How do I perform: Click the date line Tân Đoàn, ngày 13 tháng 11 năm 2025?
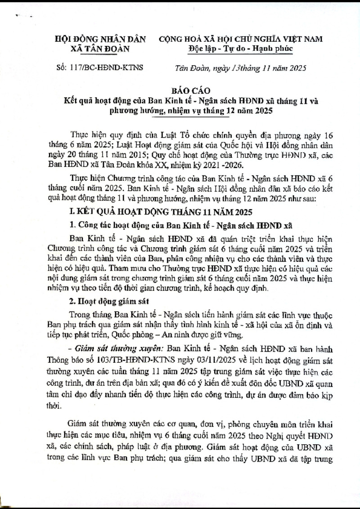tap(241, 68)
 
